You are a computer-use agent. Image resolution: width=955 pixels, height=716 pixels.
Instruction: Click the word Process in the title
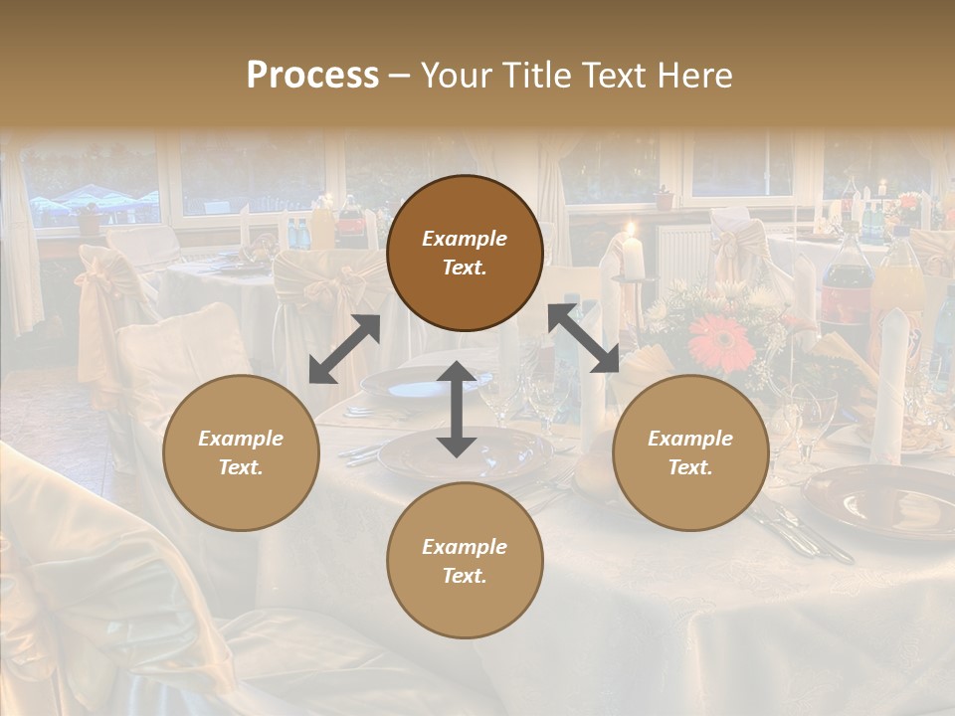(x=312, y=76)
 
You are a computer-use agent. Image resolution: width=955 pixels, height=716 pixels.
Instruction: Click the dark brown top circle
(x=465, y=253)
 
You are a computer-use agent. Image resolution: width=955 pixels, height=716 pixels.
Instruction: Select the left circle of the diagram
(x=241, y=452)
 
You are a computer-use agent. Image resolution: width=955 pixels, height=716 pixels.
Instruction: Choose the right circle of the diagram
(x=689, y=452)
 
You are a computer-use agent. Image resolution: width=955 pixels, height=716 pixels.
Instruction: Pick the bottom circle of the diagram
(x=465, y=561)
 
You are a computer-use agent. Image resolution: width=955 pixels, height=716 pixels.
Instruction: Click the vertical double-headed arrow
(x=457, y=409)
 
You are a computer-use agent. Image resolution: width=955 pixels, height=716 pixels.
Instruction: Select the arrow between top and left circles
(x=344, y=349)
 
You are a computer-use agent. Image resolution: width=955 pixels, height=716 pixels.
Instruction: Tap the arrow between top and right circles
(x=584, y=338)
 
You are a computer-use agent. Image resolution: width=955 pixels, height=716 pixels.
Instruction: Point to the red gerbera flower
(x=721, y=343)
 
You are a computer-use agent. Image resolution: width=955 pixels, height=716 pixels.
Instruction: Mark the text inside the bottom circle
(x=465, y=561)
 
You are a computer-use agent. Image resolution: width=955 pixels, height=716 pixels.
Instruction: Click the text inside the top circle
(x=465, y=253)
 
